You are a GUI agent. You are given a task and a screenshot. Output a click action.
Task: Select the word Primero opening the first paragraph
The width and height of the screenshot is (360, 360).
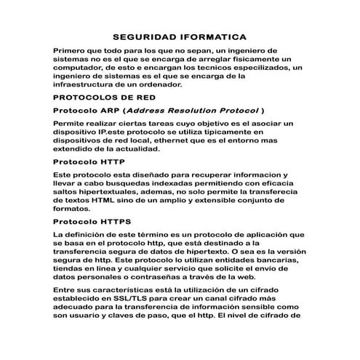point(73,50)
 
